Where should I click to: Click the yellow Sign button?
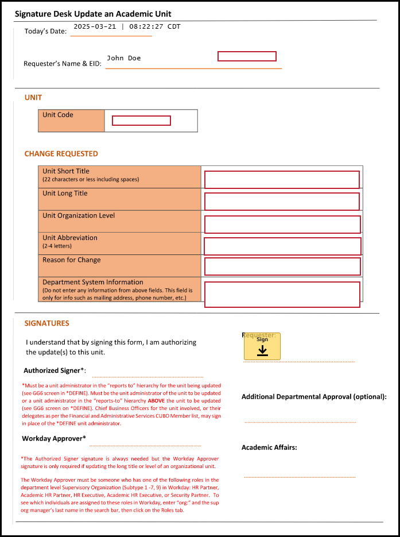(262, 346)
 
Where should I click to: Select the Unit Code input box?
(141, 121)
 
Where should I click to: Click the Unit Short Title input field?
(282, 180)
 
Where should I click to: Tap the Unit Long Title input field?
(282, 202)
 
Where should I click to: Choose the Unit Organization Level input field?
(282, 224)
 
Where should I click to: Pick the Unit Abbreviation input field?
(282, 246)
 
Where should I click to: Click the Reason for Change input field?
(282, 266)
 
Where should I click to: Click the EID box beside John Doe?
(247, 56)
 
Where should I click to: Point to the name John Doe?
(124, 58)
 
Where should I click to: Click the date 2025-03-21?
(94, 26)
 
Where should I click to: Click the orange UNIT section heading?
(33, 98)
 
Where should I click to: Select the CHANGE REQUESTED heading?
(61, 154)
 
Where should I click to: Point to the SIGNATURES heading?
(46, 323)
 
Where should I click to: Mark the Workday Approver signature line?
(145, 445)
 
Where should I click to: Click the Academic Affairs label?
(269, 447)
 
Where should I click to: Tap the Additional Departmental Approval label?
(314, 397)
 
